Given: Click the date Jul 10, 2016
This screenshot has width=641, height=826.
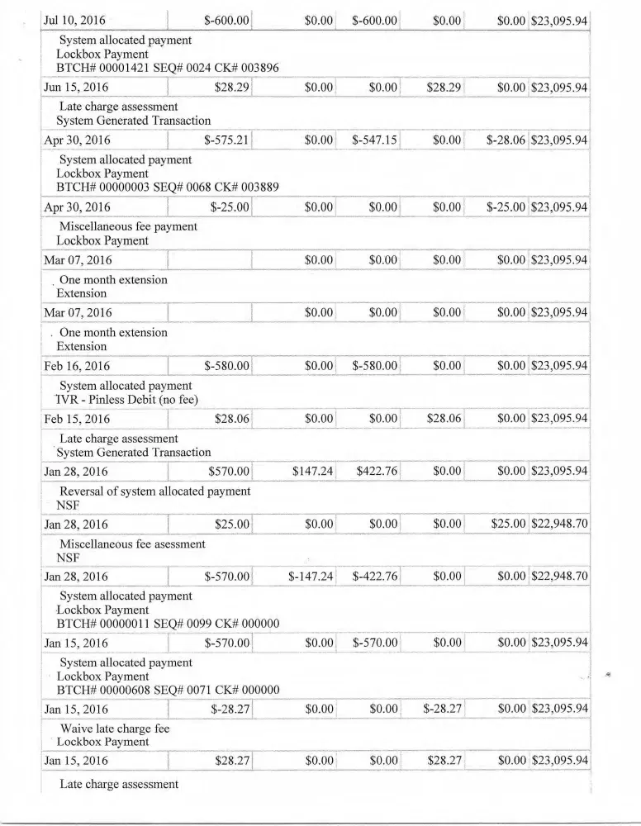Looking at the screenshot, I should (80, 20).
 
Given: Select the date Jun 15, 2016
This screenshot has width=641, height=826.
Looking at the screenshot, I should (79, 87).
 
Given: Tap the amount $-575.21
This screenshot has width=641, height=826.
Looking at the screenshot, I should (226, 140).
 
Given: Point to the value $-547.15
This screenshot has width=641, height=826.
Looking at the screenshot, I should (375, 140).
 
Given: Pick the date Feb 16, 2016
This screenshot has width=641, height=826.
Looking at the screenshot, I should (79, 366).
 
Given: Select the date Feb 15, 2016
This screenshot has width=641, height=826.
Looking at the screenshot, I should (79, 419).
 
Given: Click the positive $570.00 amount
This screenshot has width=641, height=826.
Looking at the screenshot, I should (230, 472).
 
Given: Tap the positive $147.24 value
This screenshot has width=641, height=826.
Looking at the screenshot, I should (312, 472).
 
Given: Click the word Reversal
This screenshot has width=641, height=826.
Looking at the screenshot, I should (84, 491).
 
